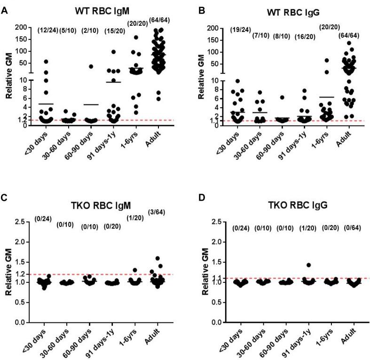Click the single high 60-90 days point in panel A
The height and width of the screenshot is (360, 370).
[92, 66]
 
